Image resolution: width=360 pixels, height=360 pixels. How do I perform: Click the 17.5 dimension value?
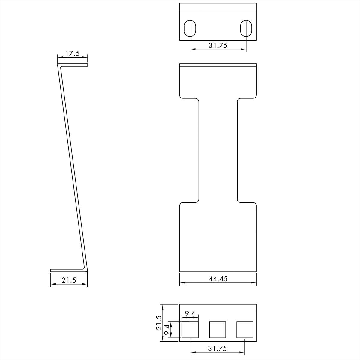click(x=72, y=54)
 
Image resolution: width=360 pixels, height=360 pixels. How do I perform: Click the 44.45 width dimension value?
click(x=218, y=279)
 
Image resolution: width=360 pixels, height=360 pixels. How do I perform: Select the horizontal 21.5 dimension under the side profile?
click(x=69, y=280)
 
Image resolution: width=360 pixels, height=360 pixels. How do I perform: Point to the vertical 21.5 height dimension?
click(x=159, y=323)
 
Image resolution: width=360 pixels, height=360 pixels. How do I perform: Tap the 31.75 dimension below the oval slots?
click(x=218, y=45)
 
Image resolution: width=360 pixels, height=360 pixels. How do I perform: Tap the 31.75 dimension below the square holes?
click(x=218, y=349)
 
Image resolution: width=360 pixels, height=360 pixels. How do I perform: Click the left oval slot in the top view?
click(x=190, y=28)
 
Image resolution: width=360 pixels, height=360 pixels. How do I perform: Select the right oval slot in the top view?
click(x=246, y=28)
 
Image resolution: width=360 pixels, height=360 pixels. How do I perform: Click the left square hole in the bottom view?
click(x=190, y=330)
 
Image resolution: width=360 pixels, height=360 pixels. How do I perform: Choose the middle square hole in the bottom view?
click(x=217, y=330)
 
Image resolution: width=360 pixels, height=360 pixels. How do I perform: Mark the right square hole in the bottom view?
click(x=245, y=330)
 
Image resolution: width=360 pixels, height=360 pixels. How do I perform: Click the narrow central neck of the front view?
click(x=218, y=150)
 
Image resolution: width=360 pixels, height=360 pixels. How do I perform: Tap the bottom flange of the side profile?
click(x=67, y=270)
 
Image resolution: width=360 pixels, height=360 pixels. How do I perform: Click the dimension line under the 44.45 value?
click(x=218, y=283)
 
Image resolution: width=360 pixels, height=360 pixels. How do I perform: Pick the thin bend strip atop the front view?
click(x=218, y=65)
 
